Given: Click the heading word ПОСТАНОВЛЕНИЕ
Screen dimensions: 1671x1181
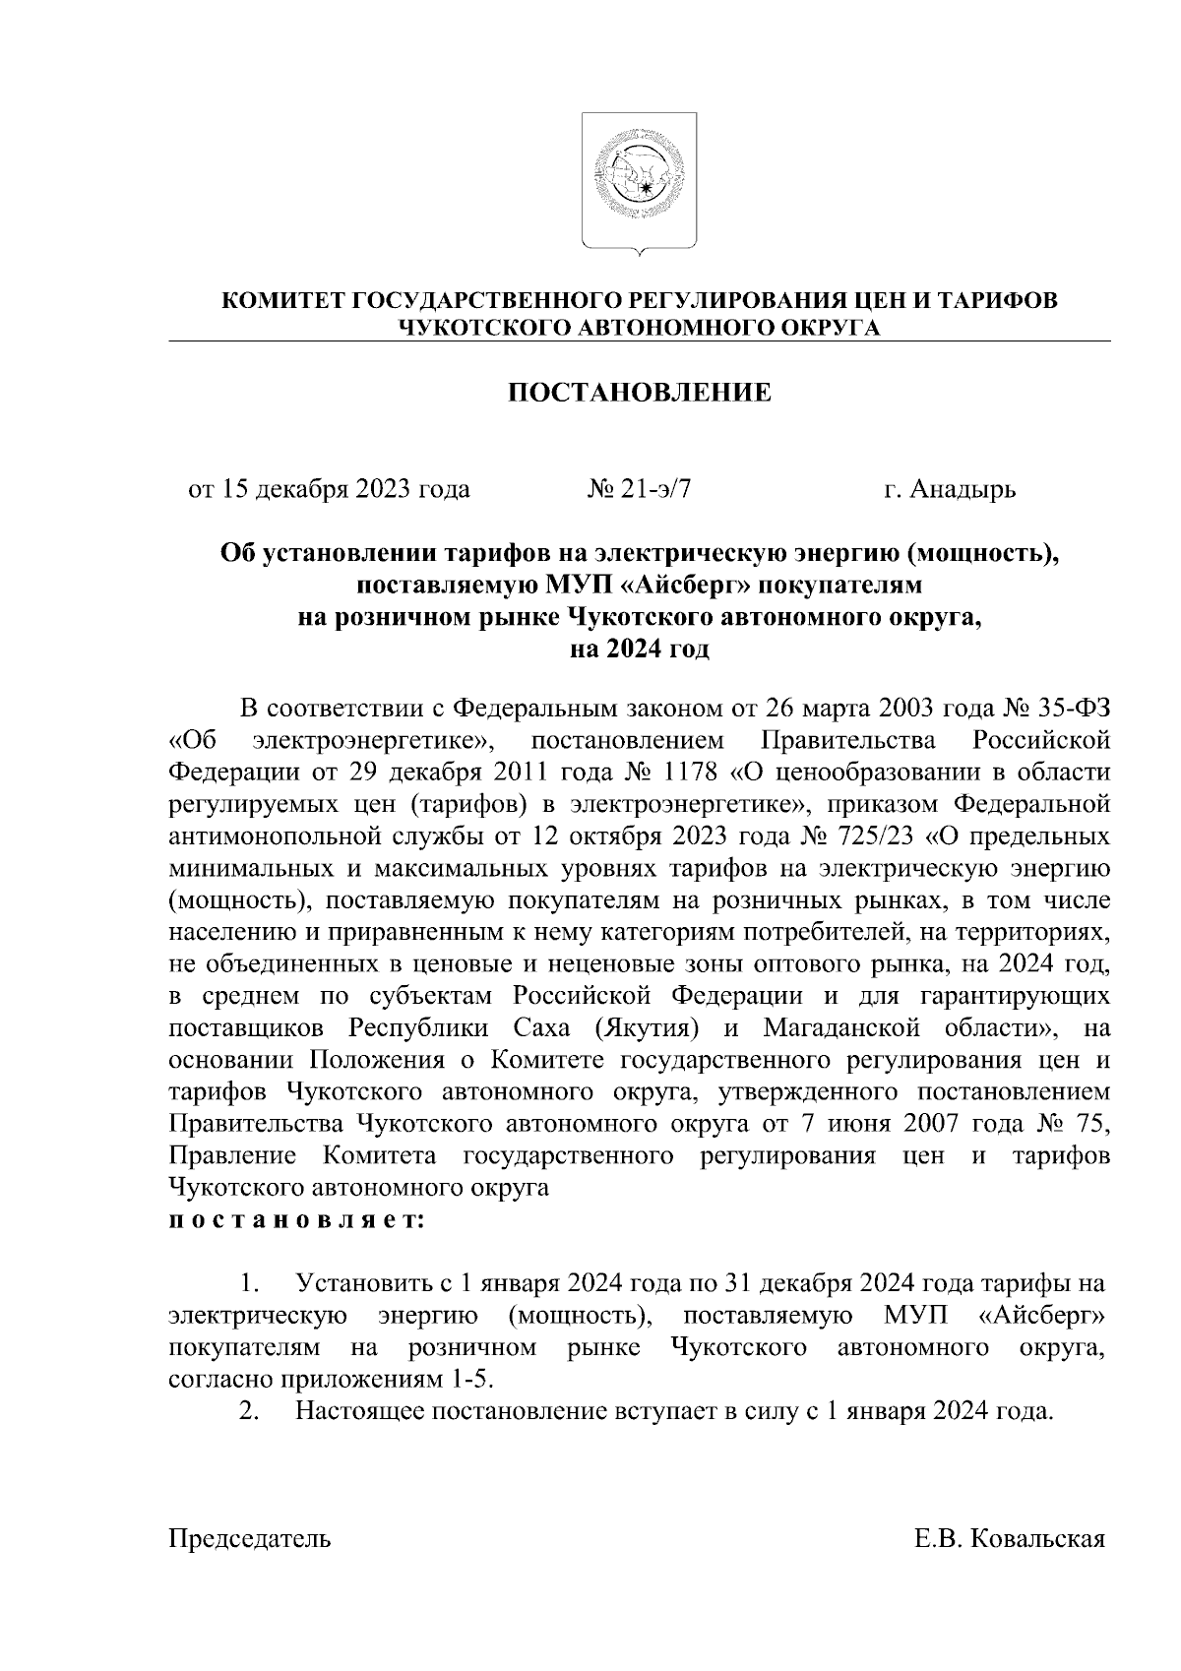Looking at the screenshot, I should [x=640, y=394].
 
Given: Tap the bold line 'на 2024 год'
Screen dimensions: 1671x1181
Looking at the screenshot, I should [x=640, y=650].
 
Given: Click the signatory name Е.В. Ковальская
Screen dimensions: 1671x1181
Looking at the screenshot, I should [x=1011, y=1539].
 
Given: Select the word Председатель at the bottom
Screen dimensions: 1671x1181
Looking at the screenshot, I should [x=250, y=1539].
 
